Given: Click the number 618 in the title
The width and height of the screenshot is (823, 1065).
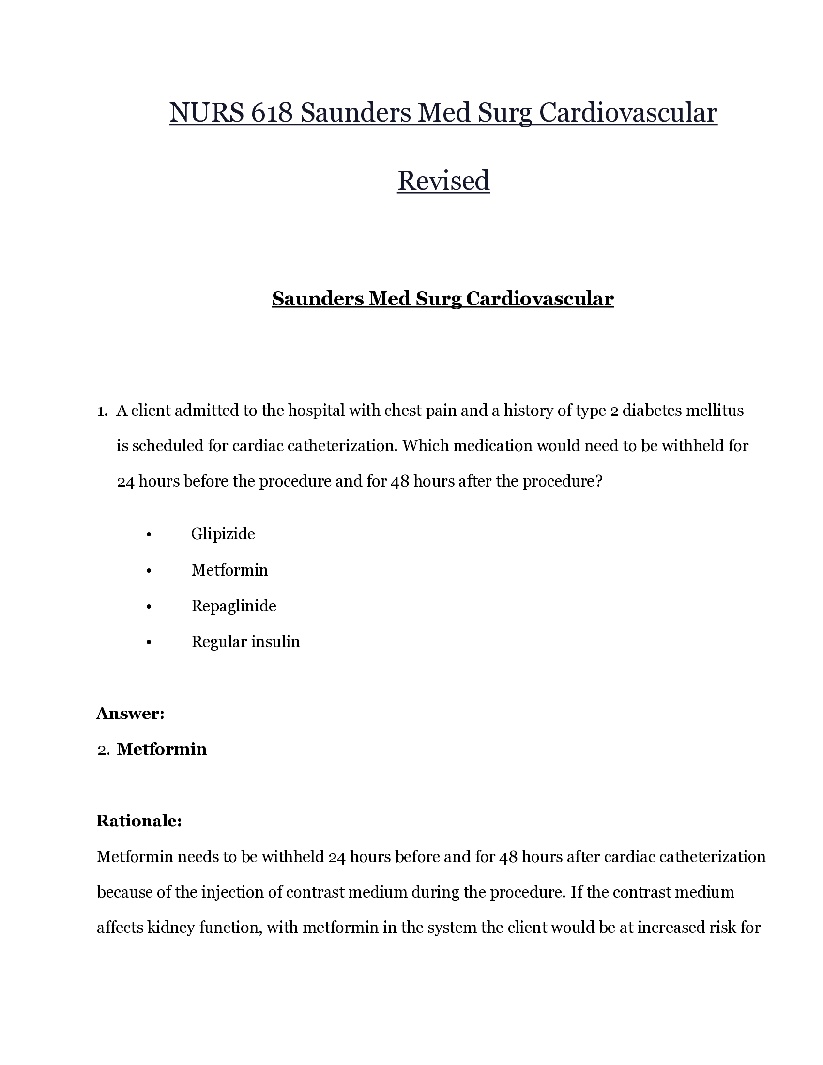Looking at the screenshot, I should point(272,113).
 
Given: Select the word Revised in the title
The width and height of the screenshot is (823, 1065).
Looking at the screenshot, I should point(443,181).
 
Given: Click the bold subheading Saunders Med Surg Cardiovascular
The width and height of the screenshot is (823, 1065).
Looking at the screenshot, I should point(442,298).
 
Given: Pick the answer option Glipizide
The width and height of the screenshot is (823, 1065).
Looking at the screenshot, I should point(223,533).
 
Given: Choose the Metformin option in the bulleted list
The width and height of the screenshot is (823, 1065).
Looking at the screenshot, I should point(229,570).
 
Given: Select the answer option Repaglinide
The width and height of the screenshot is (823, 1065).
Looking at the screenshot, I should point(234,606).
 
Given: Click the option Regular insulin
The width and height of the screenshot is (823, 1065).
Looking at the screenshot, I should point(246,641).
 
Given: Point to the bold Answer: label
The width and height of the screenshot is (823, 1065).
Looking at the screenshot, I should point(130,714).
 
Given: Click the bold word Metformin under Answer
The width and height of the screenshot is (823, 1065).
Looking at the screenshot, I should point(162,749).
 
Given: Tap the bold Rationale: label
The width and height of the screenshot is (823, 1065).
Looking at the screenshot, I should point(139,821).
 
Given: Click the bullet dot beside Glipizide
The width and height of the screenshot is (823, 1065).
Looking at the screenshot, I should point(149,535).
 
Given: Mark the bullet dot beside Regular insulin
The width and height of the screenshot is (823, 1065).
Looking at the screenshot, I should point(149,643).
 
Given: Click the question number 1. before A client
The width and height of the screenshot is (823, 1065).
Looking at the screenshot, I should point(102,411).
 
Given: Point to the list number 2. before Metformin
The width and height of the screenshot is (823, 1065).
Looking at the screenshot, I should point(104,749).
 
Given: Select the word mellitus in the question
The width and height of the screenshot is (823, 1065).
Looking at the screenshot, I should point(715,411).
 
